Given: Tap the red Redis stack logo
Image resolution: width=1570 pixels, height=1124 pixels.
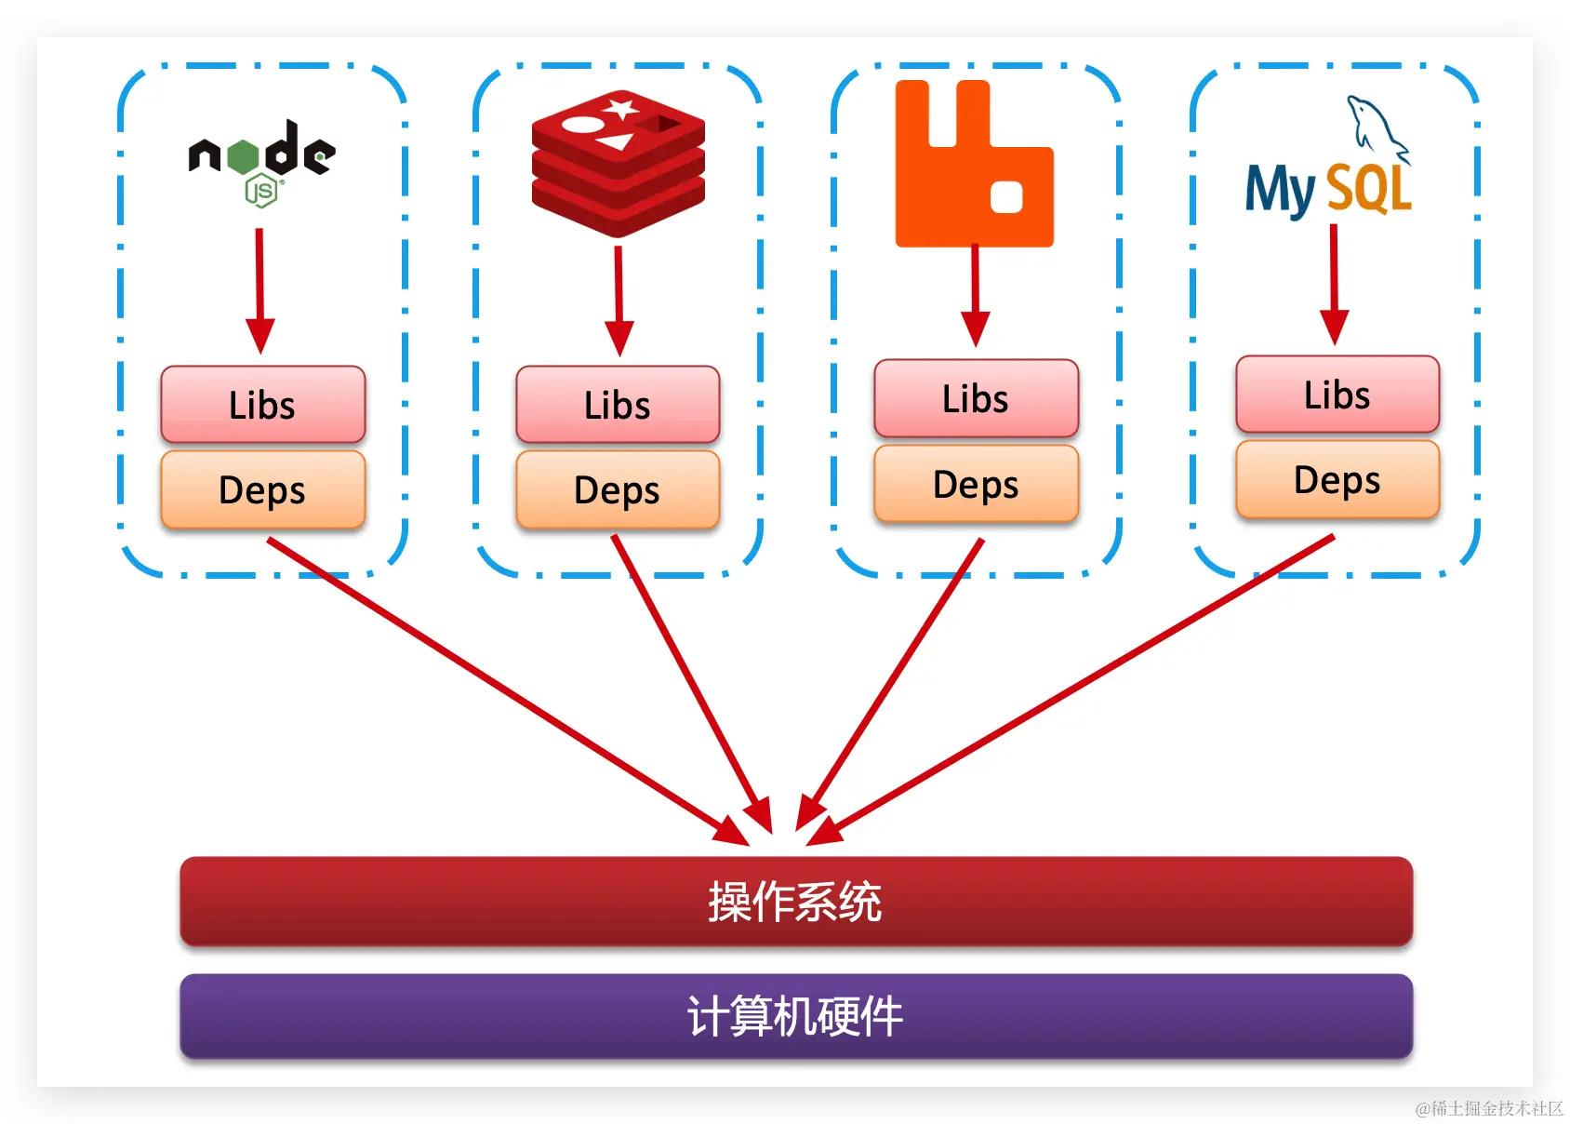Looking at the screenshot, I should click(x=619, y=164).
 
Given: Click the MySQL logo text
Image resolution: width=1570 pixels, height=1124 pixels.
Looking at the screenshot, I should click(x=1328, y=189).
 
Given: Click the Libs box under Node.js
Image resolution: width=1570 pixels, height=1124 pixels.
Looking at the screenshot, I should click(x=262, y=405).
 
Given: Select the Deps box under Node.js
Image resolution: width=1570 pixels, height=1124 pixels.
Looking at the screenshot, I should click(x=262, y=489).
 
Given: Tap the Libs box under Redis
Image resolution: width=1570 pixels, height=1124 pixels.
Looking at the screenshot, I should click(x=618, y=405).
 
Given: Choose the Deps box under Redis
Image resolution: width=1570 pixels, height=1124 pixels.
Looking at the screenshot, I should click(x=618, y=489).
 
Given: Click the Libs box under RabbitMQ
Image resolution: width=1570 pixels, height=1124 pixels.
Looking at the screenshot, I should click(x=976, y=398).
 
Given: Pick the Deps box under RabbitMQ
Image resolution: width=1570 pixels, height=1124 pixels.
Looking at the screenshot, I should click(x=976, y=484).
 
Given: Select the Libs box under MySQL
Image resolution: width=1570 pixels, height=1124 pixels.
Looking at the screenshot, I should click(x=1337, y=395).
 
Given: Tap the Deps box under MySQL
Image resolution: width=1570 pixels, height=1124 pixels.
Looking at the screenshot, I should click(x=1337, y=479).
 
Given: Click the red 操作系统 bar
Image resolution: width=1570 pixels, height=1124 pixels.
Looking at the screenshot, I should click(x=796, y=901).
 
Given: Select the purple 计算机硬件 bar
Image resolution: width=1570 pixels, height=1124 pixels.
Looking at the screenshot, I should click(x=796, y=1015).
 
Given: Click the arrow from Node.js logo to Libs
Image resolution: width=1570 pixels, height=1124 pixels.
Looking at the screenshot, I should click(x=259, y=288).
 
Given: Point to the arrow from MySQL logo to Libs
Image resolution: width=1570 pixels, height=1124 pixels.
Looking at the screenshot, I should click(x=1334, y=284).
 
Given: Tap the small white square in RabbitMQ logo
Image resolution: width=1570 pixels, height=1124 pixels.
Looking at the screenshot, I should click(x=1006, y=197).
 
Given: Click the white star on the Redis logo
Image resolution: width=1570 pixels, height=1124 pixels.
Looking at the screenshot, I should click(x=619, y=108).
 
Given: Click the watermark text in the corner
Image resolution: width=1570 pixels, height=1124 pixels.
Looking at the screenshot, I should click(x=1489, y=1108).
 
